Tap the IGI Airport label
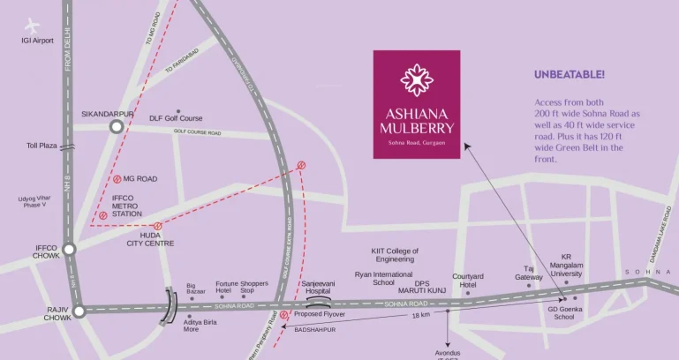[38, 41]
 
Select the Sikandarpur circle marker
[116, 127]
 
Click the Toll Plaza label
[41, 146]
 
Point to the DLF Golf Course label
[176, 118]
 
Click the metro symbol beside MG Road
[117, 178]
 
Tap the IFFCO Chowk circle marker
[69, 250]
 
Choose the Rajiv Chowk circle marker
[78, 310]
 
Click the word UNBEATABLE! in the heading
[570, 75]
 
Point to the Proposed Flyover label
[320, 314]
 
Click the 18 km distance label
[420, 315]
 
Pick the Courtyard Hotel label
[468, 280]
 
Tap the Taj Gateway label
[529, 273]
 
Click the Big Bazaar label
[196, 289]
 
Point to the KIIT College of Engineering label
[394, 255]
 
